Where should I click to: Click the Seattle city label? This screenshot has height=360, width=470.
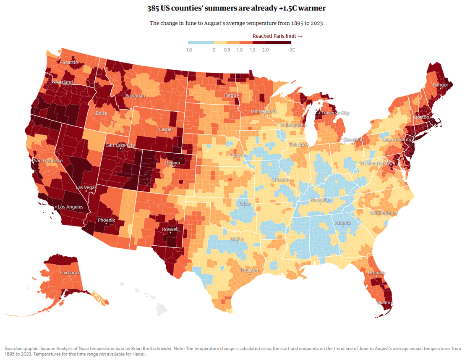(x=70, y=62)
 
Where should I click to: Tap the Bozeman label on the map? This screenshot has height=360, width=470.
(x=135, y=96)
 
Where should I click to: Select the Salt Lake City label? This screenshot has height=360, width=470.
(x=120, y=145)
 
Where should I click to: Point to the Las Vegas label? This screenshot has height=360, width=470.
(x=86, y=187)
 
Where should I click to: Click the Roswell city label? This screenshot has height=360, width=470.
(x=170, y=229)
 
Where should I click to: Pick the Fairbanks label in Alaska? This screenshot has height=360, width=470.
(x=70, y=273)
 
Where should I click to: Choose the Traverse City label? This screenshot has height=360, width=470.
(x=335, y=113)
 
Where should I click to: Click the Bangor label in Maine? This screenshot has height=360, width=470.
(x=441, y=85)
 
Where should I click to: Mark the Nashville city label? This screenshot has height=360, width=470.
(x=320, y=200)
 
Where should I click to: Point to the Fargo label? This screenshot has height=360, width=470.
(x=230, y=95)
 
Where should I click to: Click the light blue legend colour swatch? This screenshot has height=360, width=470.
(x=201, y=43)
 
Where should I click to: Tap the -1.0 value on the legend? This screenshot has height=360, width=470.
(x=188, y=50)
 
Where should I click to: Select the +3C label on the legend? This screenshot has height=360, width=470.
(x=291, y=50)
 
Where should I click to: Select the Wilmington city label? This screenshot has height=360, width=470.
(x=382, y=213)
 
